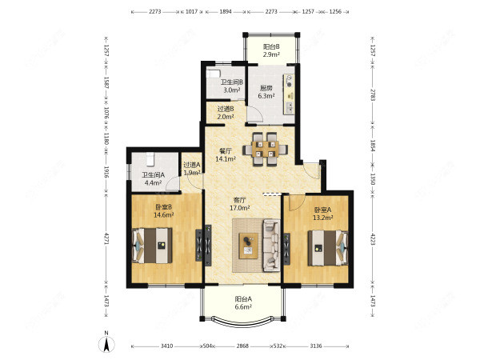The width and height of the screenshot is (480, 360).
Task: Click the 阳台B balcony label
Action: tap(271, 51)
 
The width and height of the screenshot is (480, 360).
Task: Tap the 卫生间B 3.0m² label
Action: tap(232, 86)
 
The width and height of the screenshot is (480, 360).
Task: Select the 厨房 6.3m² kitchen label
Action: tap(266, 92)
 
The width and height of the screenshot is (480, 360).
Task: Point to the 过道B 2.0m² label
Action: tap(226, 112)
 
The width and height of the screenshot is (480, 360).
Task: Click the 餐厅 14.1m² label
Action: tap(226, 154)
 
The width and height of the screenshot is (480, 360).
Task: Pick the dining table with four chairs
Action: tap(265, 149)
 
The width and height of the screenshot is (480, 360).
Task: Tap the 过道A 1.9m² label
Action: tap(192, 168)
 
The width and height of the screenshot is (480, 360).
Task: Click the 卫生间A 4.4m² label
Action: tap(153, 178)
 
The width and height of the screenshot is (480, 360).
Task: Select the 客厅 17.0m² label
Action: tap(240, 204)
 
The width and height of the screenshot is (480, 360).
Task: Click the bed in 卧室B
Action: tap(152, 246)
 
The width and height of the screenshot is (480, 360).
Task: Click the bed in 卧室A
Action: tap(328, 248)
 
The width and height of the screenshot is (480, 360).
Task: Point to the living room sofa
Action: tap(271, 245)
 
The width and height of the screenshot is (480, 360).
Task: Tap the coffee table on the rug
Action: tap(248, 246)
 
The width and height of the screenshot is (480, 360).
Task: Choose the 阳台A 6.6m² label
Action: tap(243, 302)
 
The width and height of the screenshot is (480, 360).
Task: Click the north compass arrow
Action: tap(106, 343)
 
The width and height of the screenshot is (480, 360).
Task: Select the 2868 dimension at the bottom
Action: tap(242, 346)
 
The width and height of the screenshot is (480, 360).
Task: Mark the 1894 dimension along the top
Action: tap(226, 12)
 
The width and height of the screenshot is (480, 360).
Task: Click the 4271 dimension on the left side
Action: tap(106, 238)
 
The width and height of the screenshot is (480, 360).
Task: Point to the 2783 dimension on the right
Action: tap(373, 95)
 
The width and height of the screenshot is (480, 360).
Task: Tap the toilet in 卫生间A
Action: tap(150, 159)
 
